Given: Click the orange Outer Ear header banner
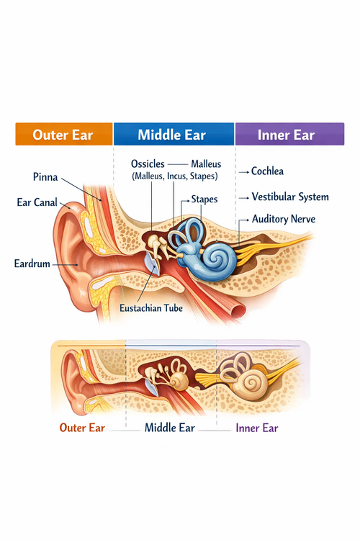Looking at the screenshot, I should point(64,135).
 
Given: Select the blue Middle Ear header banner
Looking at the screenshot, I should point(173,135).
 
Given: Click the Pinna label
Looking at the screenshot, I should point(45,176).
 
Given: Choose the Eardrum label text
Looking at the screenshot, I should point(32,264).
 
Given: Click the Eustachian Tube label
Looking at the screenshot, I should point(151,307).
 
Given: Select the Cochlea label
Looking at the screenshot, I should point(267,171).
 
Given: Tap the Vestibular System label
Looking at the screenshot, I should point(289,197).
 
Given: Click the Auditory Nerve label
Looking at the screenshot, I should point(284,218).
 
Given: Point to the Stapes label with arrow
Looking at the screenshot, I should point(204,199).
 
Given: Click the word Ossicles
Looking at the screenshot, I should point(149,163).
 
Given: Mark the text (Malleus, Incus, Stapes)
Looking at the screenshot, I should point(174,176).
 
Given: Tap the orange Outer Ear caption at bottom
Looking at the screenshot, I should point(81,428).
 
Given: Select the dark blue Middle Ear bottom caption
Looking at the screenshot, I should point(171,428).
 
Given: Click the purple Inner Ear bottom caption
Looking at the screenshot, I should point(257,428).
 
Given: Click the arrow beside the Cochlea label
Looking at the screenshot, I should point(245,172).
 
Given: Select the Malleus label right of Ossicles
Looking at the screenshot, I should point(206,163).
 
